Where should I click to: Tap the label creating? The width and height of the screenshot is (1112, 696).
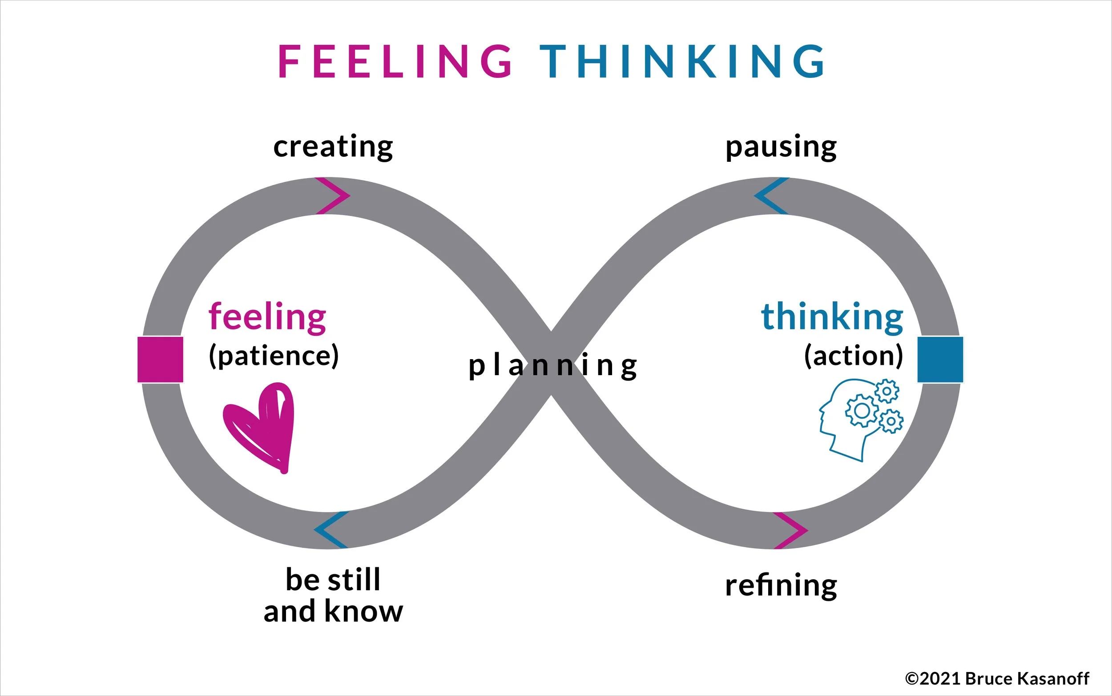click(333, 146)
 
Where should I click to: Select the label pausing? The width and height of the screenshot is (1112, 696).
click(781, 147)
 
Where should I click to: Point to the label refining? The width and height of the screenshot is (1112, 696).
click(781, 585)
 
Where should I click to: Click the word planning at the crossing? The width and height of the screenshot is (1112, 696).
click(552, 366)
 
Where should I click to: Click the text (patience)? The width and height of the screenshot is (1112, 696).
click(274, 356)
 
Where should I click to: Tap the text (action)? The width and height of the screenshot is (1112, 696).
click(854, 356)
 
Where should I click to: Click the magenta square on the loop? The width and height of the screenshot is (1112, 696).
click(160, 360)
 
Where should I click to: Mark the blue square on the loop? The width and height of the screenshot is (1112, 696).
click(940, 360)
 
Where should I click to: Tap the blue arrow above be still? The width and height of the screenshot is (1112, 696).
click(331, 529)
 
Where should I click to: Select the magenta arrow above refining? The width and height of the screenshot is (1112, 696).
click(790, 530)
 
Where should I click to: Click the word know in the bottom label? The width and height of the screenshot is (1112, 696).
click(363, 612)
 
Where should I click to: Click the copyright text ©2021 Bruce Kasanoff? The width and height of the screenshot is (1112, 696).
click(997, 679)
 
